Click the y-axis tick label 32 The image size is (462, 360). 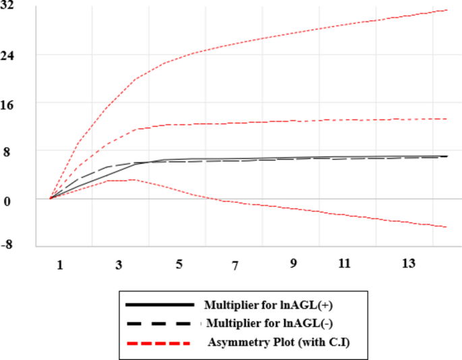[x=12, y=6]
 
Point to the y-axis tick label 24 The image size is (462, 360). [x=12, y=55]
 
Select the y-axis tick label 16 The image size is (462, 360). [x=12, y=103]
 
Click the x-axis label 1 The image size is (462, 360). [x=59, y=266]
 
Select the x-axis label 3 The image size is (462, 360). [x=119, y=266]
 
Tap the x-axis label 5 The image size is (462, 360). [x=179, y=266]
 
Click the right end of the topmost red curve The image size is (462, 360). [x=447, y=10]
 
